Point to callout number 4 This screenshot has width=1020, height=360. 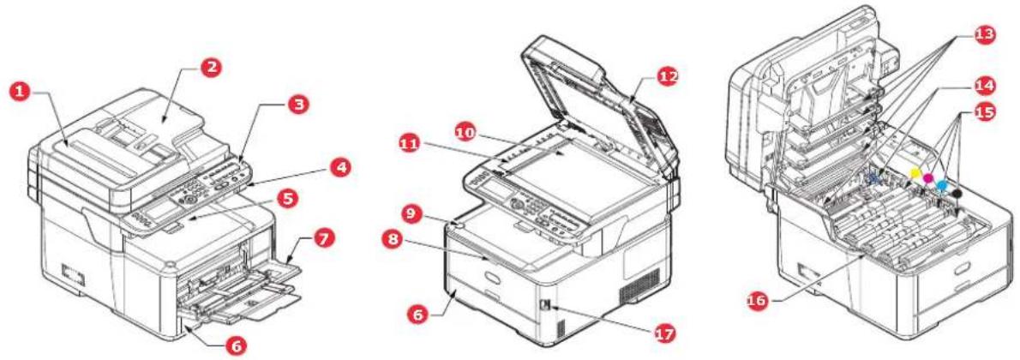pos(339,168)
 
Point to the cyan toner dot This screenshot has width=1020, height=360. pos(941,185)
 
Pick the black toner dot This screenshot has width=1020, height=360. pos(957,193)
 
